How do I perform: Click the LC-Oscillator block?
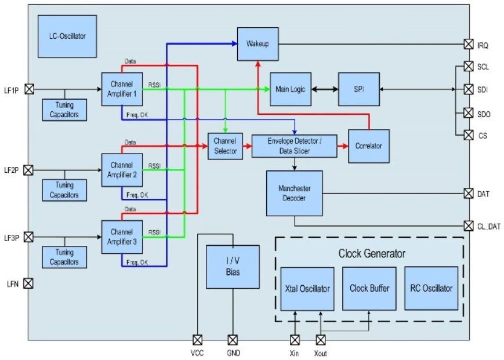click(67, 36)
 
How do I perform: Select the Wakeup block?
click(258, 43)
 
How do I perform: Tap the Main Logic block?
click(291, 89)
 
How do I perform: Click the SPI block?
click(358, 89)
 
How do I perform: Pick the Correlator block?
click(368, 146)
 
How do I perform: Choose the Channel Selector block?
click(224, 146)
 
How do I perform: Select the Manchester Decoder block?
click(294, 193)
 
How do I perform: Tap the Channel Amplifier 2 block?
click(122, 170)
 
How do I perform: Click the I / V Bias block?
click(233, 267)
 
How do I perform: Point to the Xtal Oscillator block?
click(307, 289)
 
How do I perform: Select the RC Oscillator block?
click(431, 288)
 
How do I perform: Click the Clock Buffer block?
click(369, 288)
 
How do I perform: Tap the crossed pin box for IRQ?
click(467, 44)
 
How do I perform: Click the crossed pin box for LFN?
click(28, 283)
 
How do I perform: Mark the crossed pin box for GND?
click(233, 340)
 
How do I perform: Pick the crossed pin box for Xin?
click(295, 340)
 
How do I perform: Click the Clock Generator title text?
click(372, 253)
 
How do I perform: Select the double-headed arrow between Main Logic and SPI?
click(325, 89)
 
